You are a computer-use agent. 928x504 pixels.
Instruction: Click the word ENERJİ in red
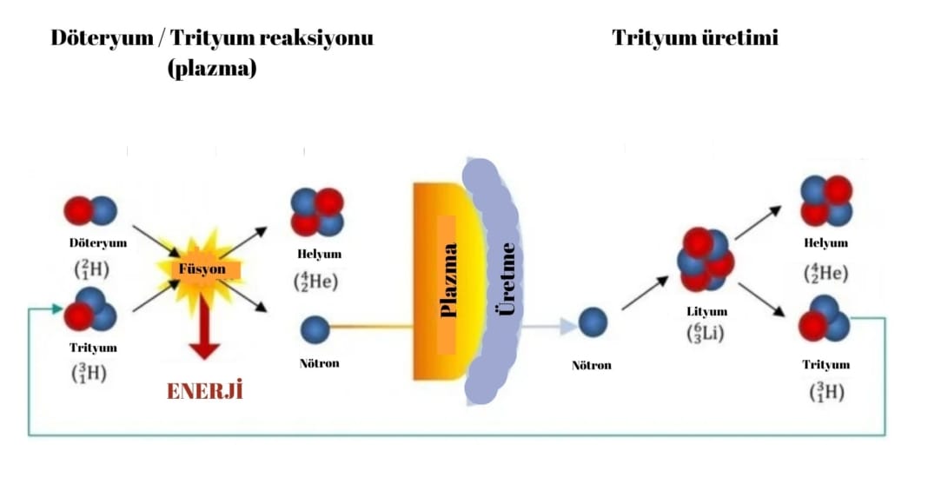pyautogui.click(x=204, y=391)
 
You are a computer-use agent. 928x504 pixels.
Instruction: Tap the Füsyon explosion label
pyautogui.click(x=202, y=269)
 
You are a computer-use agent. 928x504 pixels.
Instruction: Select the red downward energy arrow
pyautogui.click(x=204, y=330)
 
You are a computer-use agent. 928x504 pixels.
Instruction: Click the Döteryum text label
pyautogui.click(x=98, y=242)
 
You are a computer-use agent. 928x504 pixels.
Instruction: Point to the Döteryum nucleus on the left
pyautogui.click(x=90, y=210)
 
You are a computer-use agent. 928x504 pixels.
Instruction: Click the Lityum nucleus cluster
pyautogui.click(x=705, y=259)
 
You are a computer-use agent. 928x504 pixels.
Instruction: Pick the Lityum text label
pyautogui.click(x=706, y=311)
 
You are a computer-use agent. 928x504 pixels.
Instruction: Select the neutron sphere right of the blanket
pyautogui.click(x=593, y=322)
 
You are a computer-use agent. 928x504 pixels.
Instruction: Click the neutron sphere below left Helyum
pyautogui.click(x=315, y=329)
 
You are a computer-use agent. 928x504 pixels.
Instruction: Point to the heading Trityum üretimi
pyautogui.click(x=694, y=38)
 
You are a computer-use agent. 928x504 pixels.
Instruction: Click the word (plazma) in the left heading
pyautogui.click(x=212, y=70)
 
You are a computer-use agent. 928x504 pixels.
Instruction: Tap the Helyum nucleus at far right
pyautogui.click(x=825, y=201)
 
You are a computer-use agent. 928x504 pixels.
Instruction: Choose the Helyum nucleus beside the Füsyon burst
pyautogui.click(x=317, y=212)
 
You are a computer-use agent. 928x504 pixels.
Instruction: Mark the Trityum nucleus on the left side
pyautogui.click(x=90, y=308)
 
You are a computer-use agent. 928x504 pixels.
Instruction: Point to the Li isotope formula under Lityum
pyautogui.click(x=706, y=332)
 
